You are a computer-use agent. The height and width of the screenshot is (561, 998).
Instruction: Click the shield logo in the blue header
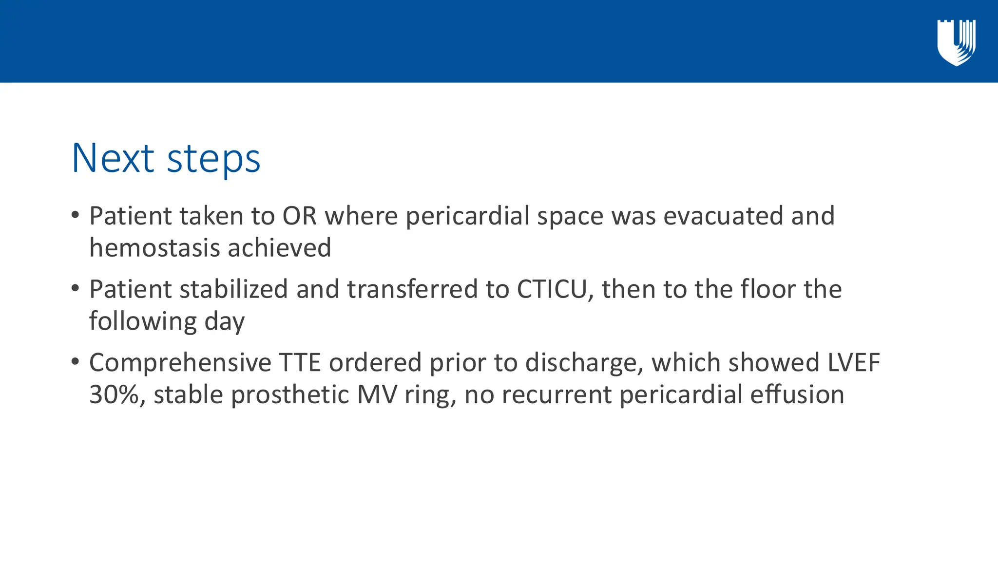pyautogui.click(x=956, y=42)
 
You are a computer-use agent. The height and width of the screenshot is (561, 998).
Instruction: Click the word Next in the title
pyautogui.click(x=113, y=158)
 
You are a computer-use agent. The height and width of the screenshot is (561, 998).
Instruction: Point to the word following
pyautogui.click(x=143, y=321)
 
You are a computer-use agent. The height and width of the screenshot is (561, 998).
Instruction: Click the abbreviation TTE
pyautogui.click(x=300, y=363)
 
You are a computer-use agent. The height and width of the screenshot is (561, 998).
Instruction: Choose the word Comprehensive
pyautogui.click(x=180, y=363)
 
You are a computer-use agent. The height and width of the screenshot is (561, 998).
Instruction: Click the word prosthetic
pyautogui.click(x=290, y=395)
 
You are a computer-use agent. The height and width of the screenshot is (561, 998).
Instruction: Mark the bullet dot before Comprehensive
pyautogui.click(x=75, y=362)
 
